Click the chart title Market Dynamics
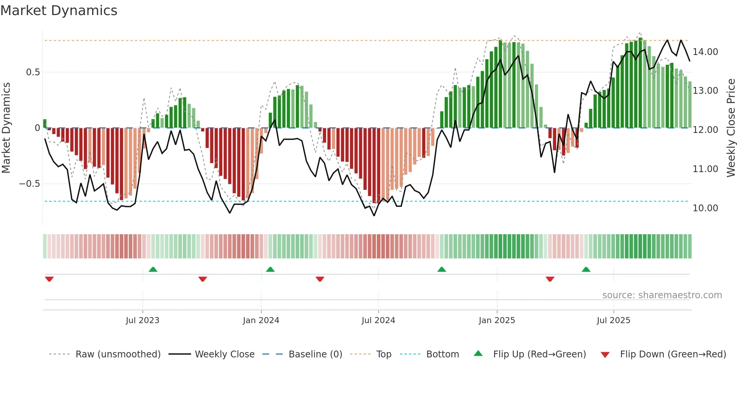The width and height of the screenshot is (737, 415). [x=59, y=11]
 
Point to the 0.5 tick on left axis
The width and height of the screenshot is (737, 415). [x=33, y=72]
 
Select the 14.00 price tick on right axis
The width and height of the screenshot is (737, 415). [x=705, y=52]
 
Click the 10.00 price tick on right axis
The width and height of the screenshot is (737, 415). [x=705, y=208]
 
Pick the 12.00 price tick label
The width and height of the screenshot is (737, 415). [x=705, y=130]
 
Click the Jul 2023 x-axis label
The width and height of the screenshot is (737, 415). [x=143, y=320]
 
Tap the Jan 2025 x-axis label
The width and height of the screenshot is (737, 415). [x=497, y=320]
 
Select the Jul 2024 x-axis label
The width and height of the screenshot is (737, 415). [x=378, y=320]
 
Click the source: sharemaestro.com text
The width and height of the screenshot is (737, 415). [x=662, y=295]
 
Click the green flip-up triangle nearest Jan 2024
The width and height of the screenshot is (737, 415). [x=270, y=269]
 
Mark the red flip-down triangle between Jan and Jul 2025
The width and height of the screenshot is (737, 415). [x=550, y=279]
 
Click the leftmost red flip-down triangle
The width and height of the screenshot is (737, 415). [x=49, y=279]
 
